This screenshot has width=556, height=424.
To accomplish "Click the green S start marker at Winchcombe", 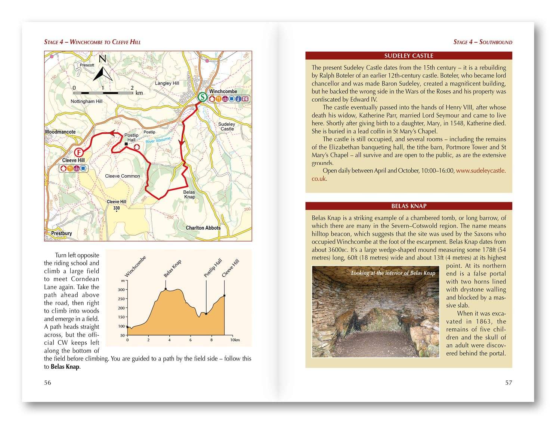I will (202, 97).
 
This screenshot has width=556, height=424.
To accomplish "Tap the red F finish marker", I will (79, 152).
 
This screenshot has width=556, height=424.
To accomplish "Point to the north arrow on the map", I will (103, 69).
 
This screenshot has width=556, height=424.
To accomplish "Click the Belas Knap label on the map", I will (189, 194).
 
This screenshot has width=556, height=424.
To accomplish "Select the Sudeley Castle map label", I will (227, 126).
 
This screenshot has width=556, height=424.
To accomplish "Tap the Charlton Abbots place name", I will (203, 228).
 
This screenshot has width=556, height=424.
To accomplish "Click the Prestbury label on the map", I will (61, 233).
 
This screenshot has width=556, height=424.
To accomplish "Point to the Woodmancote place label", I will (60, 132).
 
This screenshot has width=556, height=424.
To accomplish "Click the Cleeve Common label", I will (122, 176).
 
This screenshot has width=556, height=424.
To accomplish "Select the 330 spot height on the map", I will (117, 208).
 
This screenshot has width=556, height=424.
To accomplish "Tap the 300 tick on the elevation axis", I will (121, 289).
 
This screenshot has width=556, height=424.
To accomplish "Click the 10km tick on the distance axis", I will (235, 340).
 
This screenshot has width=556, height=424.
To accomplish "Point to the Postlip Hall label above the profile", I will (213, 268).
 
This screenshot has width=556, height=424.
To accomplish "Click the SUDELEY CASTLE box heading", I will (408, 56).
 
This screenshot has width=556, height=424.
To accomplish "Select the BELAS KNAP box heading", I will (408, 206).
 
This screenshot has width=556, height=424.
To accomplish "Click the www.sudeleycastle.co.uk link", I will (481, 170).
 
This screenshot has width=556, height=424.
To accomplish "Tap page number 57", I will (509, 382).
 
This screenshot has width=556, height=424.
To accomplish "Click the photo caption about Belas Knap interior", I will (393, 273).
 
